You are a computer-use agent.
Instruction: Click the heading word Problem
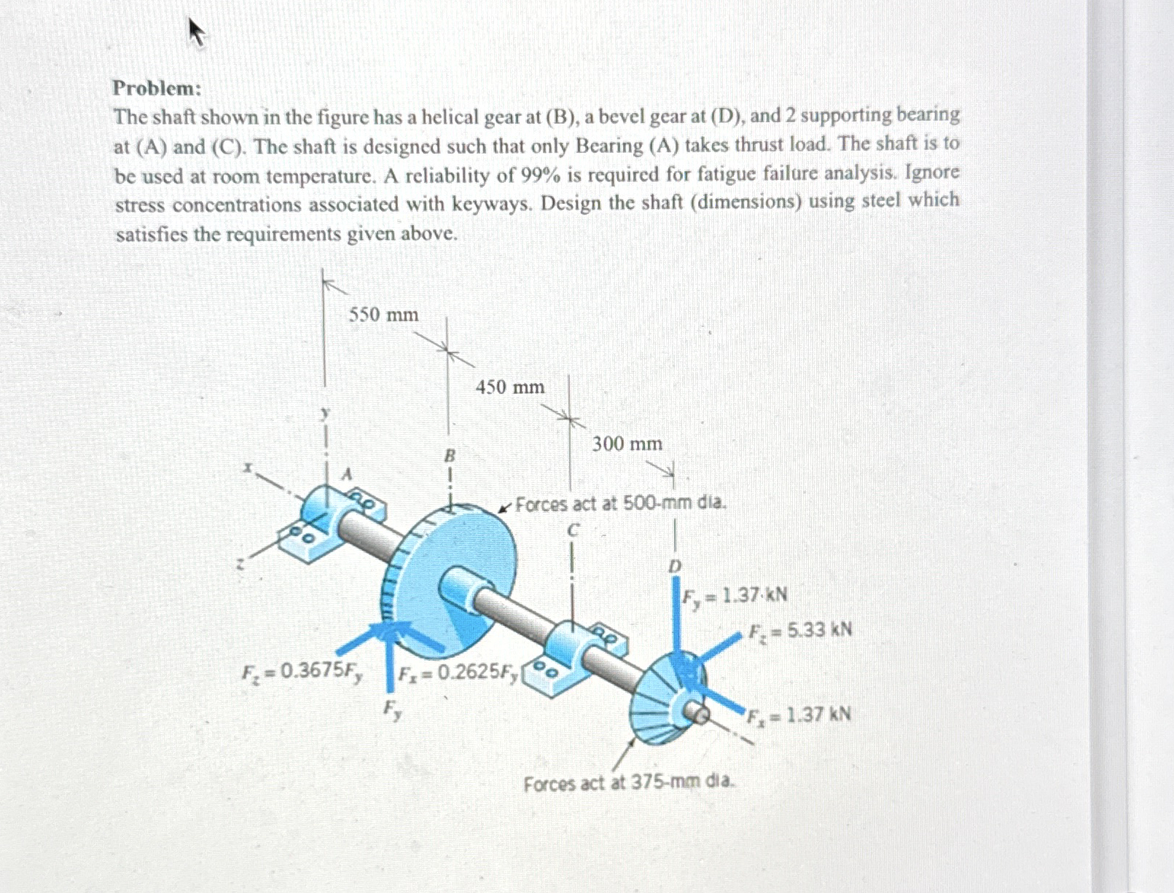click(x=156, y=88)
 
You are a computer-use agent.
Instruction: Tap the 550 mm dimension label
click(x=383, y=315)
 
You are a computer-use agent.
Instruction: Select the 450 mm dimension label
click(x=510, y=387)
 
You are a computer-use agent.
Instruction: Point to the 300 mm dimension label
click(x=627, y=444)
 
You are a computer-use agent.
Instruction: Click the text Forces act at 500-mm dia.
click(x=621, y=503)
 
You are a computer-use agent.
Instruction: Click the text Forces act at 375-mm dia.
click(x=630, y=784)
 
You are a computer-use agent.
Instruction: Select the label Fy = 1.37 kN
click(x=735, y=596)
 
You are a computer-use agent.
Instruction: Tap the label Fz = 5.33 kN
click(x=800, y=630)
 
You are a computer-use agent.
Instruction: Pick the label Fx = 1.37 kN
click(x=797, y=714)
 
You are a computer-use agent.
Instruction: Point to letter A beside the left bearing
click(x=348, y=474)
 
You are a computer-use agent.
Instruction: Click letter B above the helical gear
click(x=450, y=456)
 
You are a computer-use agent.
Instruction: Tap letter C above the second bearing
click(x=573, y=530)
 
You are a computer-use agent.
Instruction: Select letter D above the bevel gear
click(x=675, y=566)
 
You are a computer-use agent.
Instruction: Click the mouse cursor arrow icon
click(x=196, y=32)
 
